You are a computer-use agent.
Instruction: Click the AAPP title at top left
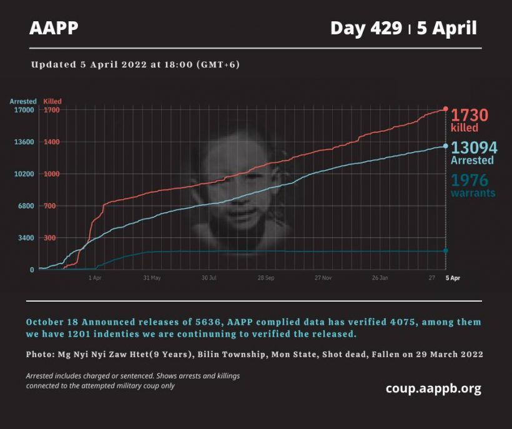pos(54,28)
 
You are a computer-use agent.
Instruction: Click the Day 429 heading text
pos(366,28)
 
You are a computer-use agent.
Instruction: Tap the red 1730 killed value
pos(470,115)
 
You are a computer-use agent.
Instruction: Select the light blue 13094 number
pos(474,147)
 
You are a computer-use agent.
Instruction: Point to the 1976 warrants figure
pos(470,180)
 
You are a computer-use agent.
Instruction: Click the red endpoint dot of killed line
pos(446,109)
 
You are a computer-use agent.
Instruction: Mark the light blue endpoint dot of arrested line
pos(446,145)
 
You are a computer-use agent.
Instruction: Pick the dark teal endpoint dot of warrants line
pos(446,250)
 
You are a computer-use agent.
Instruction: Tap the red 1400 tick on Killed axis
pos(51,142)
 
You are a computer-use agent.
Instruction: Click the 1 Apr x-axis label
pos(95,277)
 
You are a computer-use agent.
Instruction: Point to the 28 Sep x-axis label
pos(265,277)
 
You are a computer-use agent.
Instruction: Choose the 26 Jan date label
pos(380,277)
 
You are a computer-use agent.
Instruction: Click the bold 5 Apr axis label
pos(451,277)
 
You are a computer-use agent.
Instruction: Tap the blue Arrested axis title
pos(23,101)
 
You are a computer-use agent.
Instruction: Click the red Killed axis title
pos(52,101)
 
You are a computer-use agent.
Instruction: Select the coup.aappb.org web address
pos(433,388)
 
